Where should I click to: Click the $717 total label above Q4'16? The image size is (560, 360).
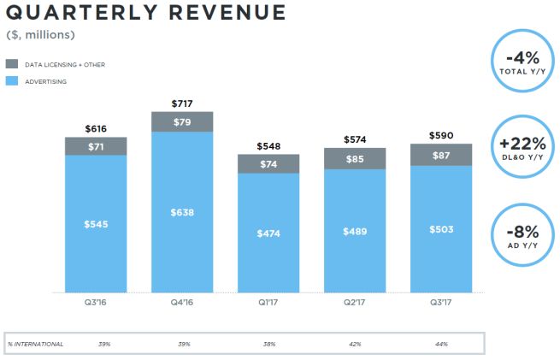181,104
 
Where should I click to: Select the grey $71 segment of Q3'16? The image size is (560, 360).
96,146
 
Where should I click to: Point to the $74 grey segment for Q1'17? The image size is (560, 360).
268,163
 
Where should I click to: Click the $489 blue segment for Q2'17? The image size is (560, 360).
354,230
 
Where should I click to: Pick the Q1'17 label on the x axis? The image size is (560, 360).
268,301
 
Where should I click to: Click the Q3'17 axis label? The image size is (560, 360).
440,301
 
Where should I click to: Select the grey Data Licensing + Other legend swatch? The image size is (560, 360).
11,64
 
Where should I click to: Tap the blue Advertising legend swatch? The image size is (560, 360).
11,81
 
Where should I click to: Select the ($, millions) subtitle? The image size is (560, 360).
40,35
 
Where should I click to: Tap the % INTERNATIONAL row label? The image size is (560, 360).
36,343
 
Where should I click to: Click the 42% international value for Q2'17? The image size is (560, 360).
354,343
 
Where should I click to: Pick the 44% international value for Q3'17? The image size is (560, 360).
440,343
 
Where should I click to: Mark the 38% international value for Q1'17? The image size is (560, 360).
268,343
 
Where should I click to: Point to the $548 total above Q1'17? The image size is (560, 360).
268,146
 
